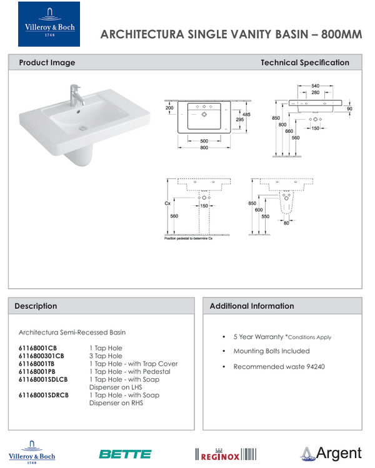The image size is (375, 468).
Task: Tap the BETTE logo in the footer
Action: click(125, 454)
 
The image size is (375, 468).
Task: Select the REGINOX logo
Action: click(226, 454)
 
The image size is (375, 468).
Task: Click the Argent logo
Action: click(331, 454)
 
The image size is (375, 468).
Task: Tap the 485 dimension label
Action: click(246, 114)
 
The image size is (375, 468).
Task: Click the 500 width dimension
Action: click(204, 141)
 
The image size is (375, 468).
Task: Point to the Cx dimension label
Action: click(167, 203)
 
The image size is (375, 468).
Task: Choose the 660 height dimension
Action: click(289, 131)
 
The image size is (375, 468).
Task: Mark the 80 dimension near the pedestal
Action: click(286, 223)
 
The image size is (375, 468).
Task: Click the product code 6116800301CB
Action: click(41, 356)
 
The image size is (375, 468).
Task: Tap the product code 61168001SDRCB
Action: click(43, 395)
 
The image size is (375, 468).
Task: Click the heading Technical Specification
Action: click(304, 62)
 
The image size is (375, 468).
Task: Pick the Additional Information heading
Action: click(251, 306)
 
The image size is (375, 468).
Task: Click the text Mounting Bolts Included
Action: click(271, 351)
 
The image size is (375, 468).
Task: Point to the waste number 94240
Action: click(314, 366)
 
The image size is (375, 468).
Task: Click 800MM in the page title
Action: click(341, 34)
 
